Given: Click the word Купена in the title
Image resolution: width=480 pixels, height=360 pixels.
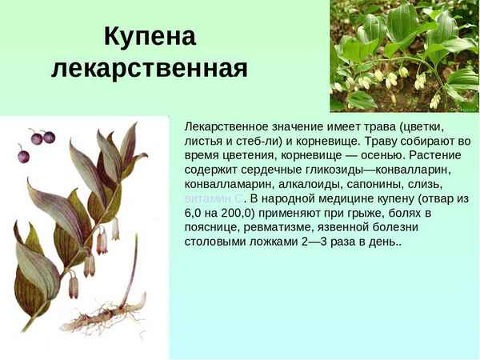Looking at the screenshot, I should [150, 37].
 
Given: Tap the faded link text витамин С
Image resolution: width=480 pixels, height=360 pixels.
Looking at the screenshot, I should [213, 198].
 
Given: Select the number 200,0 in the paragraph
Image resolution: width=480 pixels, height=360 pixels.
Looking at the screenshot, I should [247, 212].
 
